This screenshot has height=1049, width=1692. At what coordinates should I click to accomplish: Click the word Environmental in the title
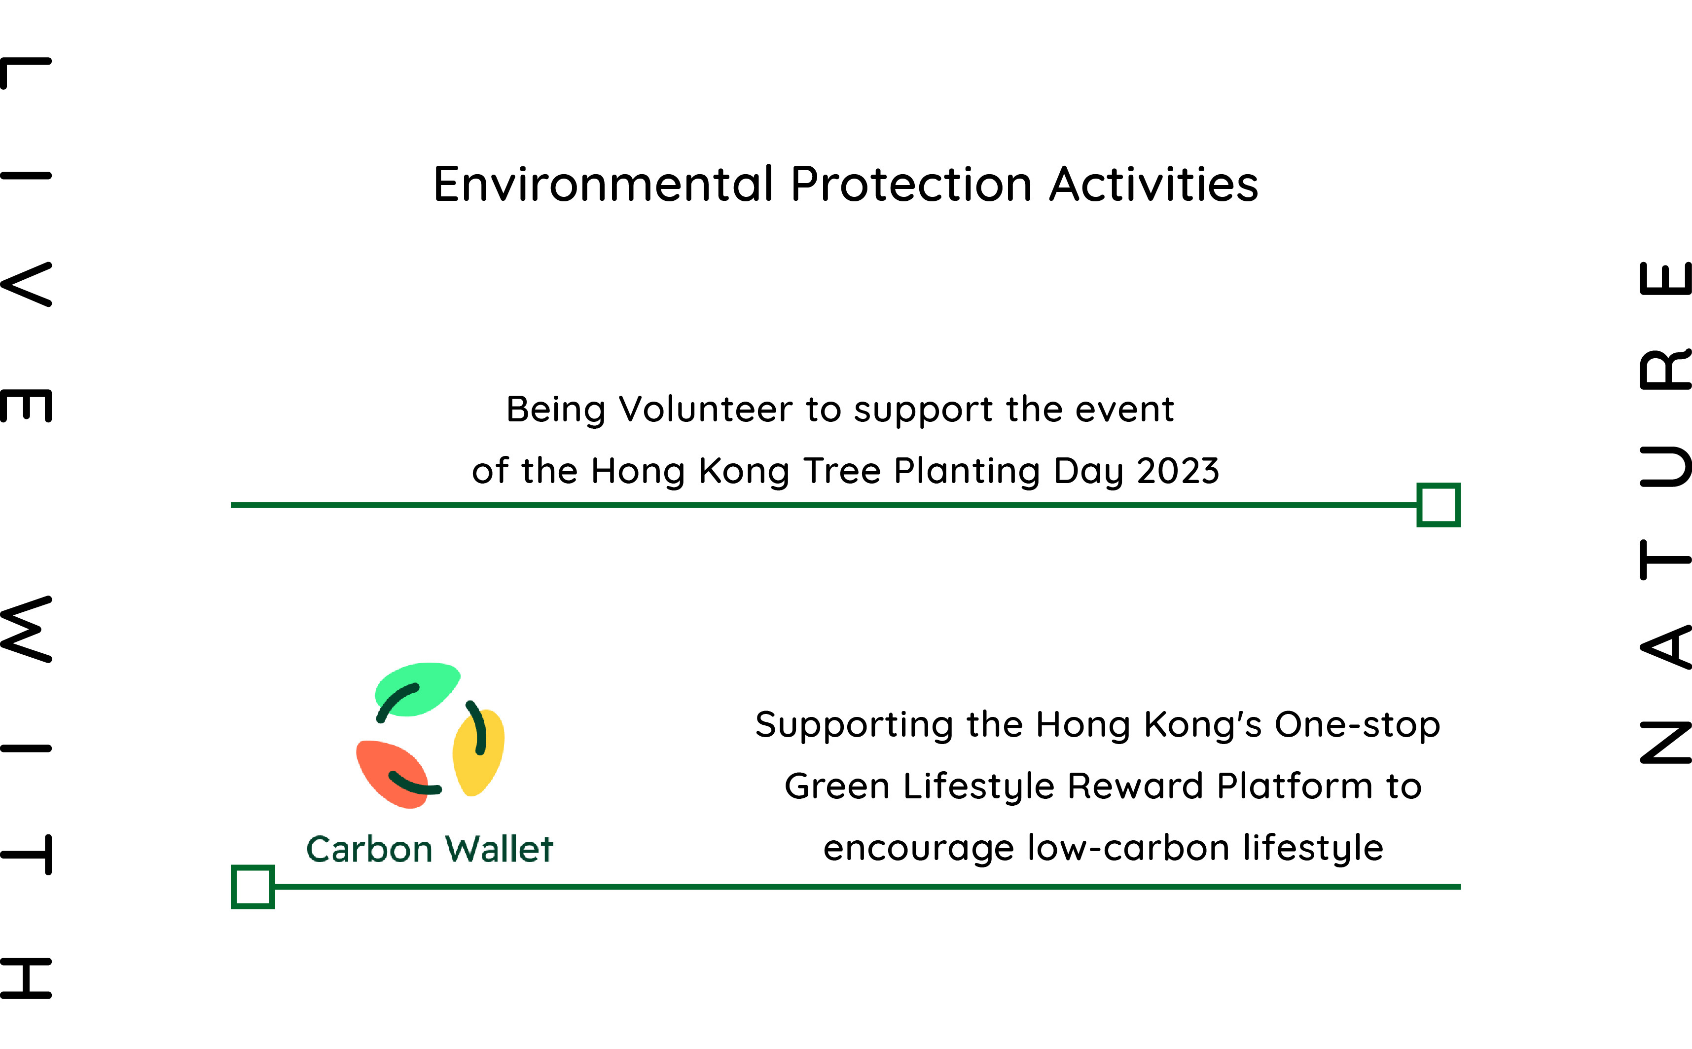coord(603,185)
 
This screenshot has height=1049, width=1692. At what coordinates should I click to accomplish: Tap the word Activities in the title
coord(1154,185)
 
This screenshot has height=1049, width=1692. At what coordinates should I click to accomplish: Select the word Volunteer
coord(705,410)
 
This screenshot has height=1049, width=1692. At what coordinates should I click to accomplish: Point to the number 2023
coord(1178,471)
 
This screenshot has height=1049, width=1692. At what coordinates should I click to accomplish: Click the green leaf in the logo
coord(416,689)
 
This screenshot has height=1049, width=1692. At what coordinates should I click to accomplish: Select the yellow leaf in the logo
coord(478,752)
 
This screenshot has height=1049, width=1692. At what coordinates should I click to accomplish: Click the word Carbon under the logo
coord(369,849)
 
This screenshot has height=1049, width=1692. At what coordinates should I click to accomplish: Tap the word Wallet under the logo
coord(499,849)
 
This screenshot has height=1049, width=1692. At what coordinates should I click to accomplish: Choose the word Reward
coord(1134,787)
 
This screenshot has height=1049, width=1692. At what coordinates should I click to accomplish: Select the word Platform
coord(1295,787)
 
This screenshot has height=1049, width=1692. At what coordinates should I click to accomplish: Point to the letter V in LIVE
coord(26,284)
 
